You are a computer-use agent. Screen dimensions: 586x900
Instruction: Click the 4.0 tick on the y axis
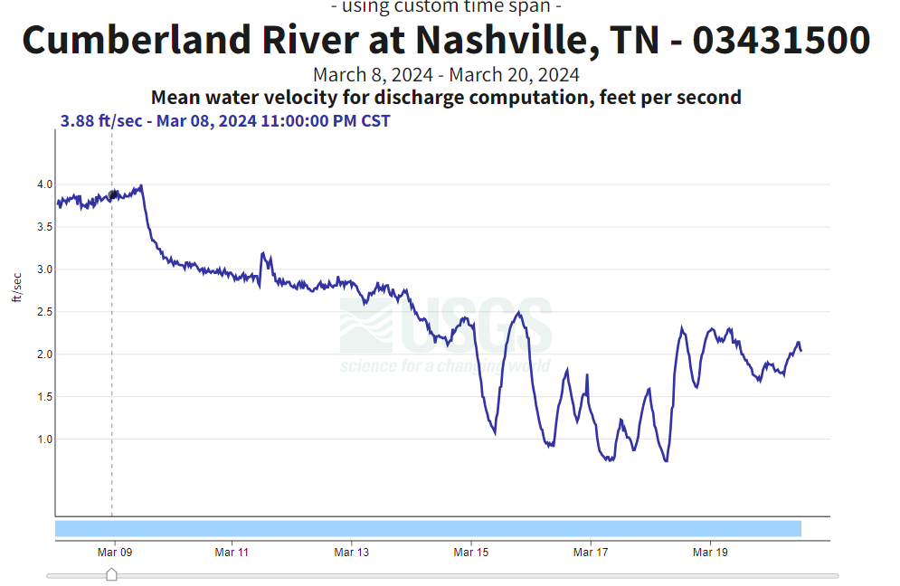(44, 184)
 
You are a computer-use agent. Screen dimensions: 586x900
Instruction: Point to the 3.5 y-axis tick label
(44, 227)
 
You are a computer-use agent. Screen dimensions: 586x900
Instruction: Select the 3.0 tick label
(44, 269)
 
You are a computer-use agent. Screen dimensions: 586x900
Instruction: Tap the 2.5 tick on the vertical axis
(44, 312)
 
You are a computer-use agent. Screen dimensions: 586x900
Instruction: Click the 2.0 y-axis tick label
(44, 354)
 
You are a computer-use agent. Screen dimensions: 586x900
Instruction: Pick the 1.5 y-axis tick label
(44, 397)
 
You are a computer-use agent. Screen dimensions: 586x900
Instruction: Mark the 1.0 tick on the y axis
(44, 439)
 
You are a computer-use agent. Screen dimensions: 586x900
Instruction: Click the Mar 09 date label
(112, 551)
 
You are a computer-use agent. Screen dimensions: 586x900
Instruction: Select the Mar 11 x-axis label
(232, 551)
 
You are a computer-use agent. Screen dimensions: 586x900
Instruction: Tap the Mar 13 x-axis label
(351, 551)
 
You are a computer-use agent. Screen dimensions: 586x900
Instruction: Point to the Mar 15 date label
(470, 551)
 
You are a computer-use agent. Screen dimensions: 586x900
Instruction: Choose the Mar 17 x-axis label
(590, 551)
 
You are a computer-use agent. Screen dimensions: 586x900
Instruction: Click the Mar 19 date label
(710, 551)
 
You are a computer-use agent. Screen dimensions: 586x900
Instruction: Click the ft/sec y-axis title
(16, 287)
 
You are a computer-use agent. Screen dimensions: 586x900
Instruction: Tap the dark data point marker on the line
(112, 194)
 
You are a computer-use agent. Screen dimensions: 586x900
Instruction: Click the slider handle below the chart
(111, 575)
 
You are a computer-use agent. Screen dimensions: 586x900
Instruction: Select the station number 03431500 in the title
(782, 41)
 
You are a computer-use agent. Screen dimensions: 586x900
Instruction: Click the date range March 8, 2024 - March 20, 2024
(446, 74)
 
